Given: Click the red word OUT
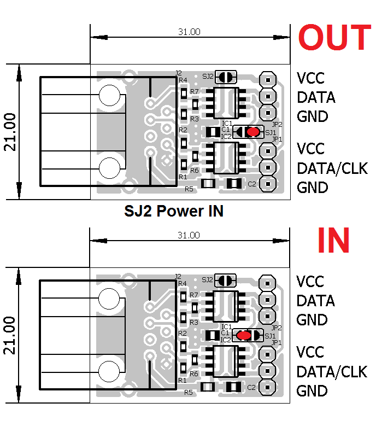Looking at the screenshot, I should click(334, 38).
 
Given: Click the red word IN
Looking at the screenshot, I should click(333, 240).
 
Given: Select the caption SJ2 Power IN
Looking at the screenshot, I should click(173, 211).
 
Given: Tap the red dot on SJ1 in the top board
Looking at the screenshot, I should click(252, 132).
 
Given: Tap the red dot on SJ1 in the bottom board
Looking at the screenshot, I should click(244, 335).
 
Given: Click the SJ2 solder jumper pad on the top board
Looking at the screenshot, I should click(226, 77).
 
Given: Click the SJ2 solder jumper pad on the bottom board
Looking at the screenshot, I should click(226, 280).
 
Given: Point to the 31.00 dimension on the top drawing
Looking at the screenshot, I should click(189, 32).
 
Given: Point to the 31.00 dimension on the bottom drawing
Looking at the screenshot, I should click(189, 235).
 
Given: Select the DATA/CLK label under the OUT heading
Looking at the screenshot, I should click(332, 168).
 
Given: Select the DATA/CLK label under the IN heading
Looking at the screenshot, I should click(332, 372).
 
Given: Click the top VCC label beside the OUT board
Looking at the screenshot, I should click(310, 78).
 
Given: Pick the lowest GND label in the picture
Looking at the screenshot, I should click(312, 391).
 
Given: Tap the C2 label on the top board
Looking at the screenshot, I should click(252, 184).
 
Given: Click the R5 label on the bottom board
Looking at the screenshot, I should click(189, 392).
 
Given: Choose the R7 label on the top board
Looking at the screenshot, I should click(195, 91).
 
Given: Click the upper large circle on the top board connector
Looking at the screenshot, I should click(109, 96).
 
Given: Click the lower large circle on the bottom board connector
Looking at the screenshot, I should click(109, 372).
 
